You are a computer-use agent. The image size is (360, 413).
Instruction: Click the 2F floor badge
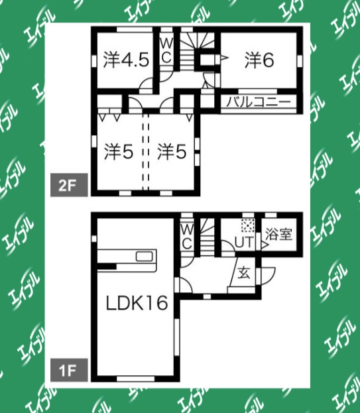(x=69, y=185)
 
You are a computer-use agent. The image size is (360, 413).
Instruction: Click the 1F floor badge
(x=69, y=370)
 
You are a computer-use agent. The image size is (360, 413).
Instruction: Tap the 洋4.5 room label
(x=127, y=60)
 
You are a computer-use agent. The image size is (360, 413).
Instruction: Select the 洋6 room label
(x=259, y=60)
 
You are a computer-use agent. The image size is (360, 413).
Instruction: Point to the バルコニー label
(x=259, y=102)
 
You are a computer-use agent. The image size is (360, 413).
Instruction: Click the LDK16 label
(x=137, y=303)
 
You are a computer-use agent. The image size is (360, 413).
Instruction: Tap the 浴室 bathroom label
(x=279, y=234)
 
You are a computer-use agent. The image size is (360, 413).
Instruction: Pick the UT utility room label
(x=244, y=243)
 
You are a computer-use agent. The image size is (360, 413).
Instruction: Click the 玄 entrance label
(x=244, y=273)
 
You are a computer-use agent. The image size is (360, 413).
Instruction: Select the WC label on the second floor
(x=166, y=50)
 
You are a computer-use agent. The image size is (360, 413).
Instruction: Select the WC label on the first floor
(x=187, y=237)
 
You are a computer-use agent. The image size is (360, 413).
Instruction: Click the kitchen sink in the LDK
(x=145, y=256)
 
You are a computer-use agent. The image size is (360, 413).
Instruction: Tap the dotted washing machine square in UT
(x=248, y=225)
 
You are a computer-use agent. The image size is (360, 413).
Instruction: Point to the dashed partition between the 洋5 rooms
(x=146, y=152)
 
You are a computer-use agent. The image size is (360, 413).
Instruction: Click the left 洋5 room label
(x=119, y=152)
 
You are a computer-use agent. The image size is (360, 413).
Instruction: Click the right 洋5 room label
(x=172, y=152)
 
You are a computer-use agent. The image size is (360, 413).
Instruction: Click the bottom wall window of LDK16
(x=135, y=379)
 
